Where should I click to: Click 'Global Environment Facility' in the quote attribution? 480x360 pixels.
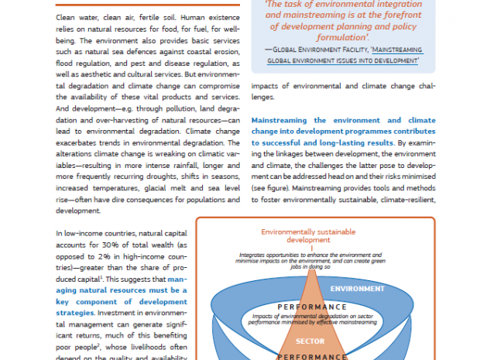tap(306, 48)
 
